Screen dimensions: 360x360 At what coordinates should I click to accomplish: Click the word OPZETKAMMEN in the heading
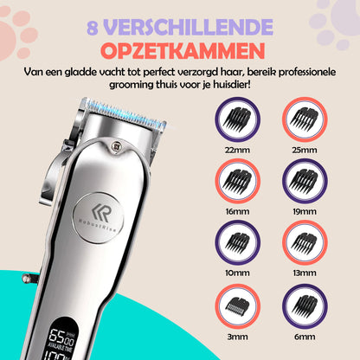point(181,43)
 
